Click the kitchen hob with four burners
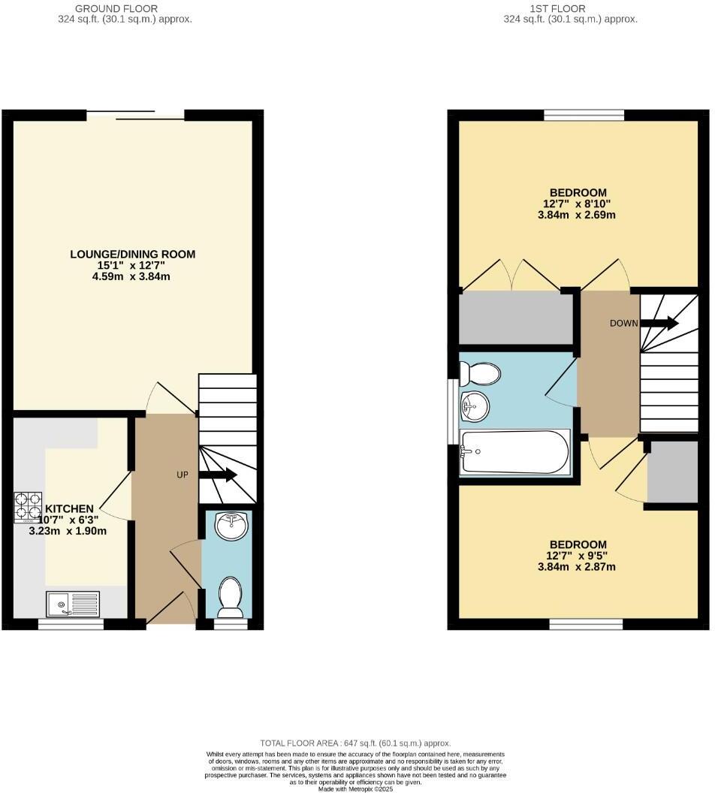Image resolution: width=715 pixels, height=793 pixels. point(29,506)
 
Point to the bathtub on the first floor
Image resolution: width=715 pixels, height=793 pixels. point(515,452)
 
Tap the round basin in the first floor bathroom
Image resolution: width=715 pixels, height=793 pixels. point(475,408)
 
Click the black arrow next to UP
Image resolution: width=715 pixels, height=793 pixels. point(219,475)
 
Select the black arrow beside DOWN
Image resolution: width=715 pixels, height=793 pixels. point(660,324)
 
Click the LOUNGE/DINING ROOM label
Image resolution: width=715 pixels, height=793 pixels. point(133,255)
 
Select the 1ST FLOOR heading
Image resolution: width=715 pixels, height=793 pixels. point(570,8)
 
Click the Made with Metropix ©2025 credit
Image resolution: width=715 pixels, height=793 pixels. point(355,788)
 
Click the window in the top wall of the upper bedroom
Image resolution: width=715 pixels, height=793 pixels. point(584,115)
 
